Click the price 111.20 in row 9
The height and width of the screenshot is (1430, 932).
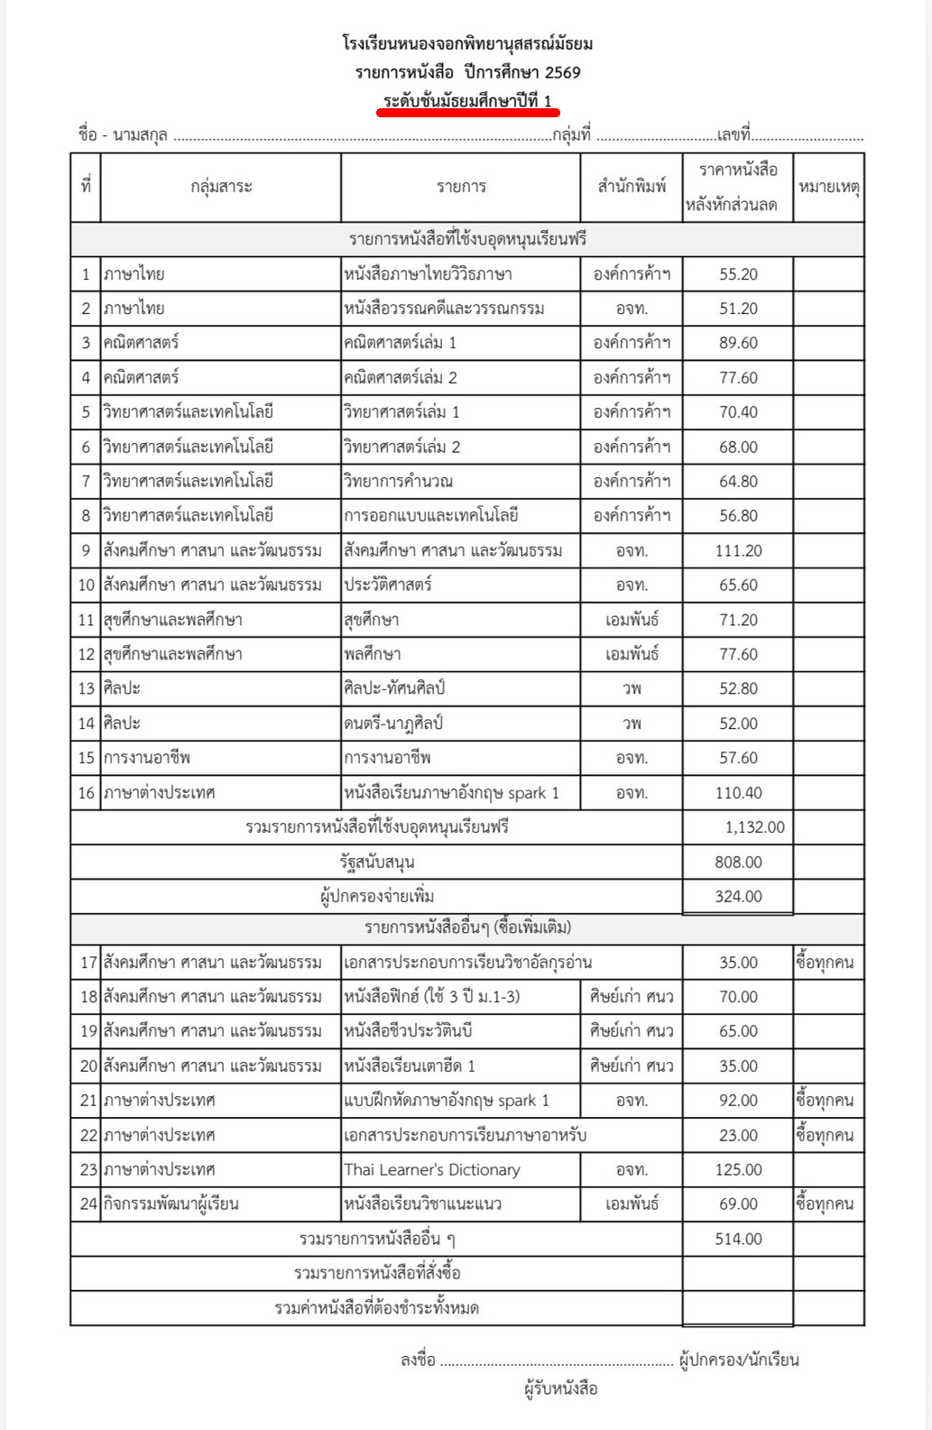coord(738,550)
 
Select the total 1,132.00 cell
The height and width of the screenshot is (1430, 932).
coord(754,827)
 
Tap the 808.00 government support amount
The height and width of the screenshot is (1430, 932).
coord(738,863)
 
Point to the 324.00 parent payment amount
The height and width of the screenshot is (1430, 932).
coord(738,897)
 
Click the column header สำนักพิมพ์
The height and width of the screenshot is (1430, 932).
coord(632,187)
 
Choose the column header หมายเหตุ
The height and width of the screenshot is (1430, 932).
coord(828,187)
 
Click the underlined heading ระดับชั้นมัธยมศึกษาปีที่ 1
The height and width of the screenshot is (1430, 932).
coord(467,101)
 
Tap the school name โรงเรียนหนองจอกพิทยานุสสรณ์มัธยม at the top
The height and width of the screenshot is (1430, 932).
coord(467,43)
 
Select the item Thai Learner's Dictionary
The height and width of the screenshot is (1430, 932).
coord(432,1170)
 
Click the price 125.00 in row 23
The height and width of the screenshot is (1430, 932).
coord(738,1170)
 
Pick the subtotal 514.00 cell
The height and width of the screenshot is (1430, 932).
coord(738,1240)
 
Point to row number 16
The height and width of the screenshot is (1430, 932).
coord(86,793)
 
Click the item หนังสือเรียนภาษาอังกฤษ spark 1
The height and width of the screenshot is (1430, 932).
coord(451,793)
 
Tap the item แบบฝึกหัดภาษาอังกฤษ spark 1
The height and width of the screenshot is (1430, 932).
coord(447,1101)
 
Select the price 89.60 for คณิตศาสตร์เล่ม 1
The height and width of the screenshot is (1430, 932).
coord(738,343)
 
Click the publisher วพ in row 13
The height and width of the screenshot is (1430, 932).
coord(632,688)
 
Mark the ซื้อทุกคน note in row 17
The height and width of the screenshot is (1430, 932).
coord(825,963)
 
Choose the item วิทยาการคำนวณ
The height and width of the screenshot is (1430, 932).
coord(398,481)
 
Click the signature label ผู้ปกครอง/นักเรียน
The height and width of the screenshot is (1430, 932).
coord(739,1360)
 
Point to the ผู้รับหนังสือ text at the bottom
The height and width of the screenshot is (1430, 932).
coord(560,1388)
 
